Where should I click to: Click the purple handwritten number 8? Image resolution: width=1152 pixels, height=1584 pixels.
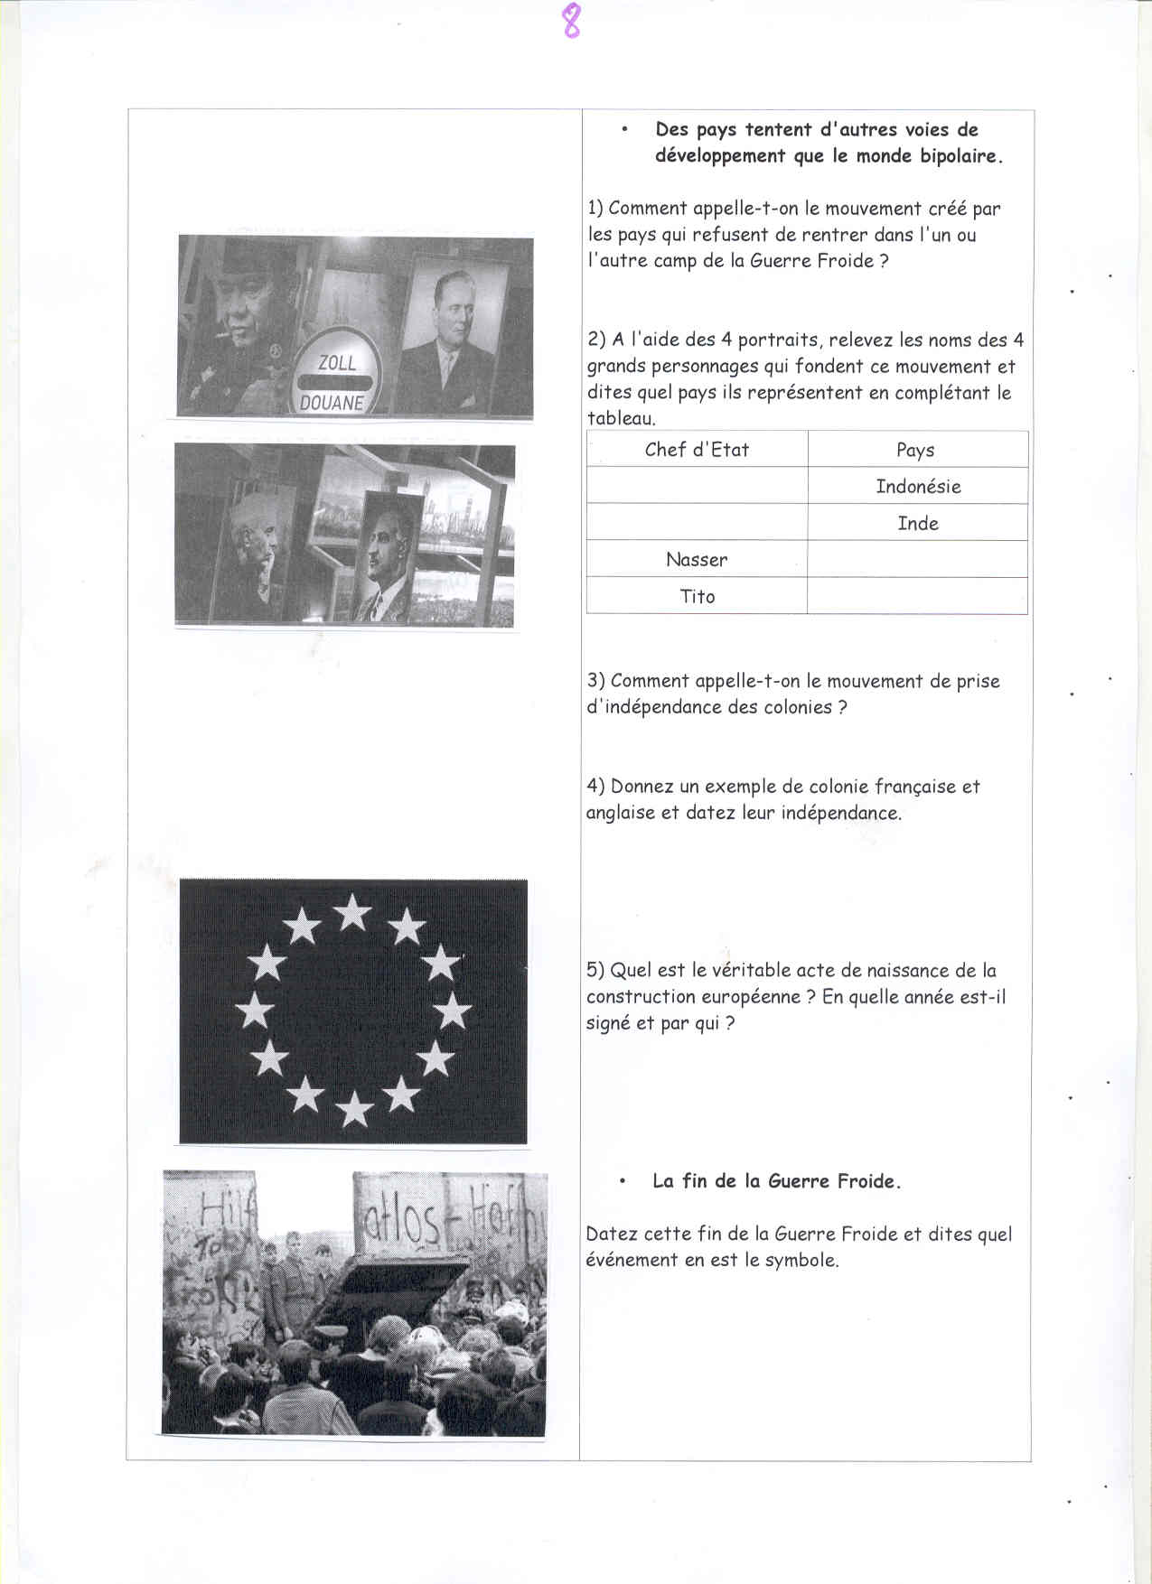tap(571, 21)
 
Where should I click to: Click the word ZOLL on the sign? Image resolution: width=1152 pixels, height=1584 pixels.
tap(337, 363)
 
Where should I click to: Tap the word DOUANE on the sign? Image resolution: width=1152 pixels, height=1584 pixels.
tap(332, 403)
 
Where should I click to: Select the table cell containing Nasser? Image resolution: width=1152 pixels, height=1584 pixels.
tap(697, 560)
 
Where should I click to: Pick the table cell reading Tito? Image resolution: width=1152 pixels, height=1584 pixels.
tap(697, 597)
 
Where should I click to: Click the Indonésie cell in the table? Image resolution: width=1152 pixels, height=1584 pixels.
tap(918, 487)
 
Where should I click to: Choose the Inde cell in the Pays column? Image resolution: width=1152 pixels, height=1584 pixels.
tap(918, 524)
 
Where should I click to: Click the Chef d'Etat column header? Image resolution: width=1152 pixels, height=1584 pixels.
tap(697, 450)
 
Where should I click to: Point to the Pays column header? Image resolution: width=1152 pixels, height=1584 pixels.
tap(915, 451)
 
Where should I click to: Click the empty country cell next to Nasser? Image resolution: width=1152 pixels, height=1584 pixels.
tap(917, 560)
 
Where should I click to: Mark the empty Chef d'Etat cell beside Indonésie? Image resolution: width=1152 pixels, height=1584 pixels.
tap(697, 486)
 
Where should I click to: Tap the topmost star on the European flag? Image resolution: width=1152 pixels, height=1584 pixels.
tap(352, 912)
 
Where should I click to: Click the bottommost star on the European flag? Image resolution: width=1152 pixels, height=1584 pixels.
tap(354, 1108)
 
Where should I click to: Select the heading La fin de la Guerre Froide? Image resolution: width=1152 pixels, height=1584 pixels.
tap(776, 1181)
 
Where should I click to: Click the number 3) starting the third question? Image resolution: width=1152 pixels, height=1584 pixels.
tap(595, 681)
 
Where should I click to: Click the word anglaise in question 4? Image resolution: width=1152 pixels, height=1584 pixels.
tap(620, 813)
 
